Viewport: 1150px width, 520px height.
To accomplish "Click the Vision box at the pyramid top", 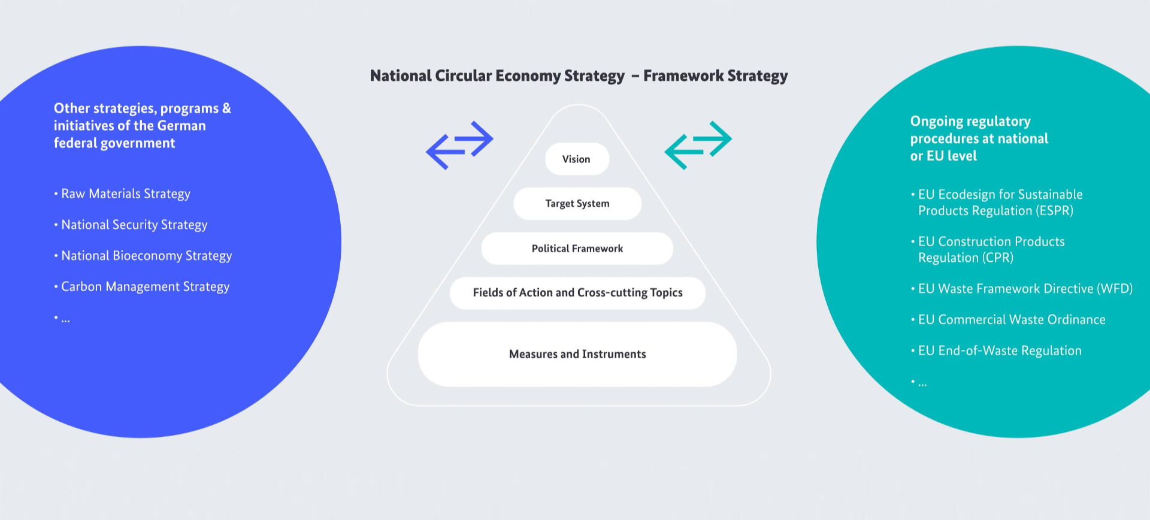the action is click(577, 159).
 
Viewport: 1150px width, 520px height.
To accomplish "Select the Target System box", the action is click(577, 204).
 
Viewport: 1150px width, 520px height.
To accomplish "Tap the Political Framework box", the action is click(577, 249).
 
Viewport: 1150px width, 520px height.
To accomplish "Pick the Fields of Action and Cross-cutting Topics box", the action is click(577, 293).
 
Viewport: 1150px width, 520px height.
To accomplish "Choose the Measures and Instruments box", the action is click(577, 354).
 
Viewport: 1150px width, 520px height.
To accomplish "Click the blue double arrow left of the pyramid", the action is click(459, 146).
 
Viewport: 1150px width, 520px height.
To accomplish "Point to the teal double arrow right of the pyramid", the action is click(698, 146).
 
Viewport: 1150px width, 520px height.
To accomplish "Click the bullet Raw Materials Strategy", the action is click(122, 194).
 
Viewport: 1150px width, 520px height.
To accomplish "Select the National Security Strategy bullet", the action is click(131, 225).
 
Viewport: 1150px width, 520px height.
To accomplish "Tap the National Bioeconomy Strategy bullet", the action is click(143, 256).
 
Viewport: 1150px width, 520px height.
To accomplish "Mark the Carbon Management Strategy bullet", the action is click(142, 287).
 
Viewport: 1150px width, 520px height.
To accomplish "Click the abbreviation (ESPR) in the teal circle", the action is click(1054, 211).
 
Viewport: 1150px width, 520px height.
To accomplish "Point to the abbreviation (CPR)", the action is click(995, 258).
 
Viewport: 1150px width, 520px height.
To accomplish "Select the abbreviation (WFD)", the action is click(1115, 289).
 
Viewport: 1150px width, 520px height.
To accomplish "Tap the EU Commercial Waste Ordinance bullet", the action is click(1008, 320).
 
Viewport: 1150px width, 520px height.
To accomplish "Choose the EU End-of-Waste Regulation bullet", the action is click(996, 351).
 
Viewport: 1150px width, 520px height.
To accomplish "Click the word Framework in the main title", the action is click(683, 76).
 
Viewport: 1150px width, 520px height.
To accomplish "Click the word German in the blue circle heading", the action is click(182, 126).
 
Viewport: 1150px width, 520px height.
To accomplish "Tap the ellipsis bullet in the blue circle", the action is click(62, 319).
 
